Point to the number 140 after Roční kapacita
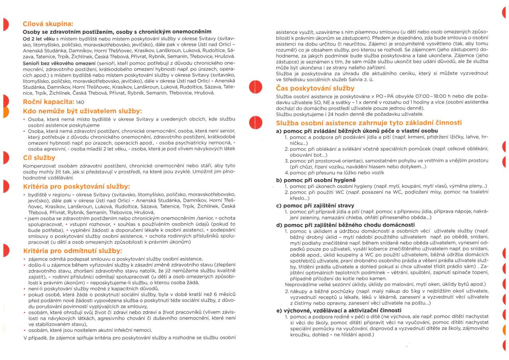[80, 102]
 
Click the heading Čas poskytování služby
[315, 88]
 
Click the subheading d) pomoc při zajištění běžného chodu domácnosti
[349, 225]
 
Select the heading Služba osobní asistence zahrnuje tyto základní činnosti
[369, 123]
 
